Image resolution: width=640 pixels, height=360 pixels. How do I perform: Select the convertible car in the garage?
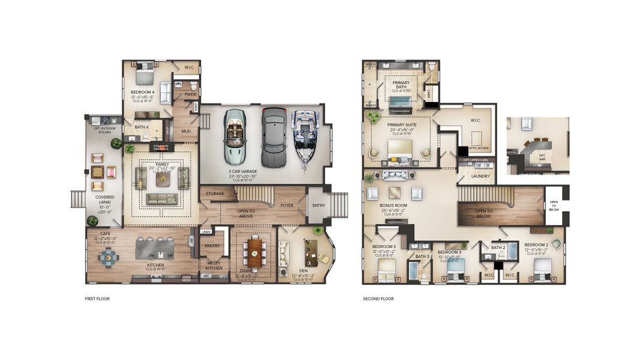click(234, 137)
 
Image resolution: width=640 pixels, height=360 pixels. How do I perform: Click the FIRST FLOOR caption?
click(97, 298)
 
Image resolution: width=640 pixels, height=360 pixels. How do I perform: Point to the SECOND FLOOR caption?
click(378, 298)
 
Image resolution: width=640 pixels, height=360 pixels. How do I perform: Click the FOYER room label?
click(287, 205)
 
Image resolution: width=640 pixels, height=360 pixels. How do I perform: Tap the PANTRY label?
click(212, 245)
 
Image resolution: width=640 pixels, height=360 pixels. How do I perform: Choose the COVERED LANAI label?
click(105, 200)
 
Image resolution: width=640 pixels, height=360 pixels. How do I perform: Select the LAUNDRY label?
click(480, 176)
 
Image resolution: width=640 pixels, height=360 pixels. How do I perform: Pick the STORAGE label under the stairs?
click(215, 194)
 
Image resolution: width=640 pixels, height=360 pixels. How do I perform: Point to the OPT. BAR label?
click(542, 157)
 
